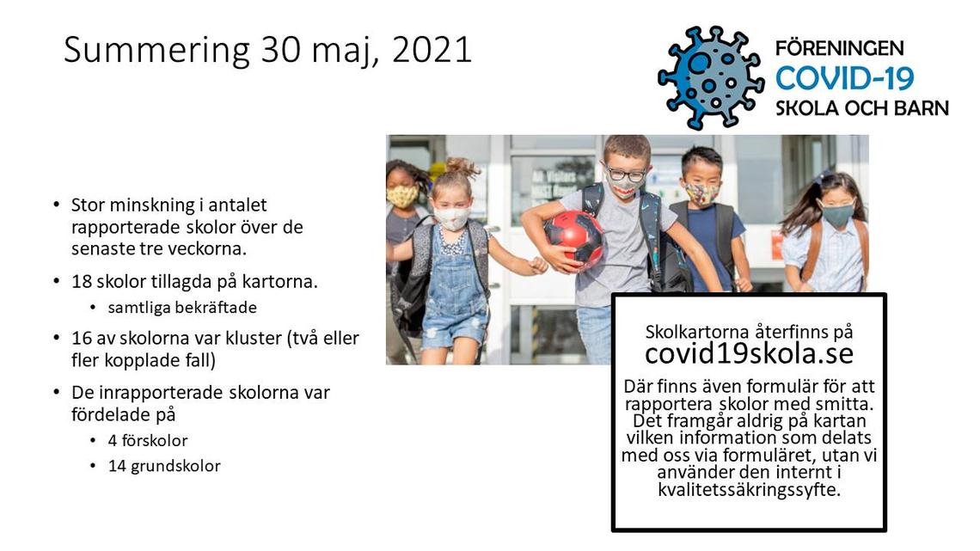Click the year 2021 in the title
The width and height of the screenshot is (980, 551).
432,49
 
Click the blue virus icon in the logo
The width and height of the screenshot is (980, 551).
711,78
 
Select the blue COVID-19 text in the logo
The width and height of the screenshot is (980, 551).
844,78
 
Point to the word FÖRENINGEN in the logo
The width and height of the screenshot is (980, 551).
839,48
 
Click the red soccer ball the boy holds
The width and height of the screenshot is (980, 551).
573,239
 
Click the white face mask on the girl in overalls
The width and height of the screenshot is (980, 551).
452,218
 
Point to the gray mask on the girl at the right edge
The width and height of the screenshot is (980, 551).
837,214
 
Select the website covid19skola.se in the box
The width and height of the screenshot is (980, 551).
749,353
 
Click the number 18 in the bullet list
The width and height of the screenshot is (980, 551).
82,281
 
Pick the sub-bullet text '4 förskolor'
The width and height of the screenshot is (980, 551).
148,440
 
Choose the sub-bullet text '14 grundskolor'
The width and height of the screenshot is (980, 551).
163,466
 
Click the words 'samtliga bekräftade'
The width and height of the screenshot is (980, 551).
182,308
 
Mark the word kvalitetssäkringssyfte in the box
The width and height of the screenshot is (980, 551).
749,489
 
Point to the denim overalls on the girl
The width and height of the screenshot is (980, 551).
455,294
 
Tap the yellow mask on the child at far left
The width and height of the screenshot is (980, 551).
402,195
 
